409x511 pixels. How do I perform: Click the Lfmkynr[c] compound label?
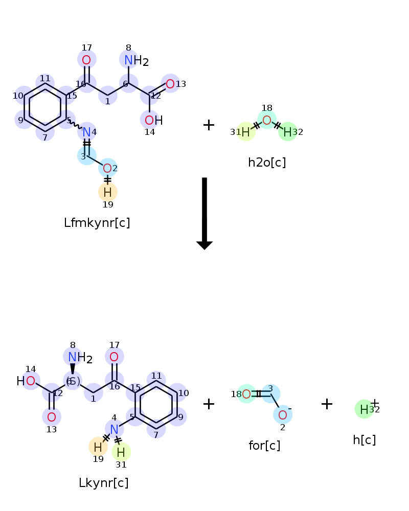(x=97, y=223)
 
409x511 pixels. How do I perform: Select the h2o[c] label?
(x=267, y=162)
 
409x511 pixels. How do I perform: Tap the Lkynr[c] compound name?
(x=103, y=483)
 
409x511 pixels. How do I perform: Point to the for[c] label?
(x=264, y=446)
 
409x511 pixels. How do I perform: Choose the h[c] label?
(x=364, y=439)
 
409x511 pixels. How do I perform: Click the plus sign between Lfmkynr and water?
(x=209, y=125)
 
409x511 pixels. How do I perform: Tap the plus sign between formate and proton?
(x=327, y=404)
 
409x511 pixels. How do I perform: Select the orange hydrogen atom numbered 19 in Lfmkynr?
(x=107, y=192)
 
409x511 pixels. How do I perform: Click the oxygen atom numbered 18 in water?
(x=267, y=121)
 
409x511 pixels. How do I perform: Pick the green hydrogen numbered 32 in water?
(x=288, y=132)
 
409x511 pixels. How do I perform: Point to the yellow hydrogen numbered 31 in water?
(x=245, y=132)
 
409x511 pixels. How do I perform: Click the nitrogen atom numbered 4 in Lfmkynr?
(x=86, y=132)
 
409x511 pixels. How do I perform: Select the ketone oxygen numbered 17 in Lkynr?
(x=114, y=357)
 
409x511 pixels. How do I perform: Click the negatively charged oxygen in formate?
(x=283, y=413)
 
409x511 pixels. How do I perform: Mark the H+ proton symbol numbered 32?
(x=365, y=409)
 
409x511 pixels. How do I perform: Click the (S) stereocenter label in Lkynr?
(x=73, y=381)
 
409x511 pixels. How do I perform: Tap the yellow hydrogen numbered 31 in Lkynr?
(x=121, y=452)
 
